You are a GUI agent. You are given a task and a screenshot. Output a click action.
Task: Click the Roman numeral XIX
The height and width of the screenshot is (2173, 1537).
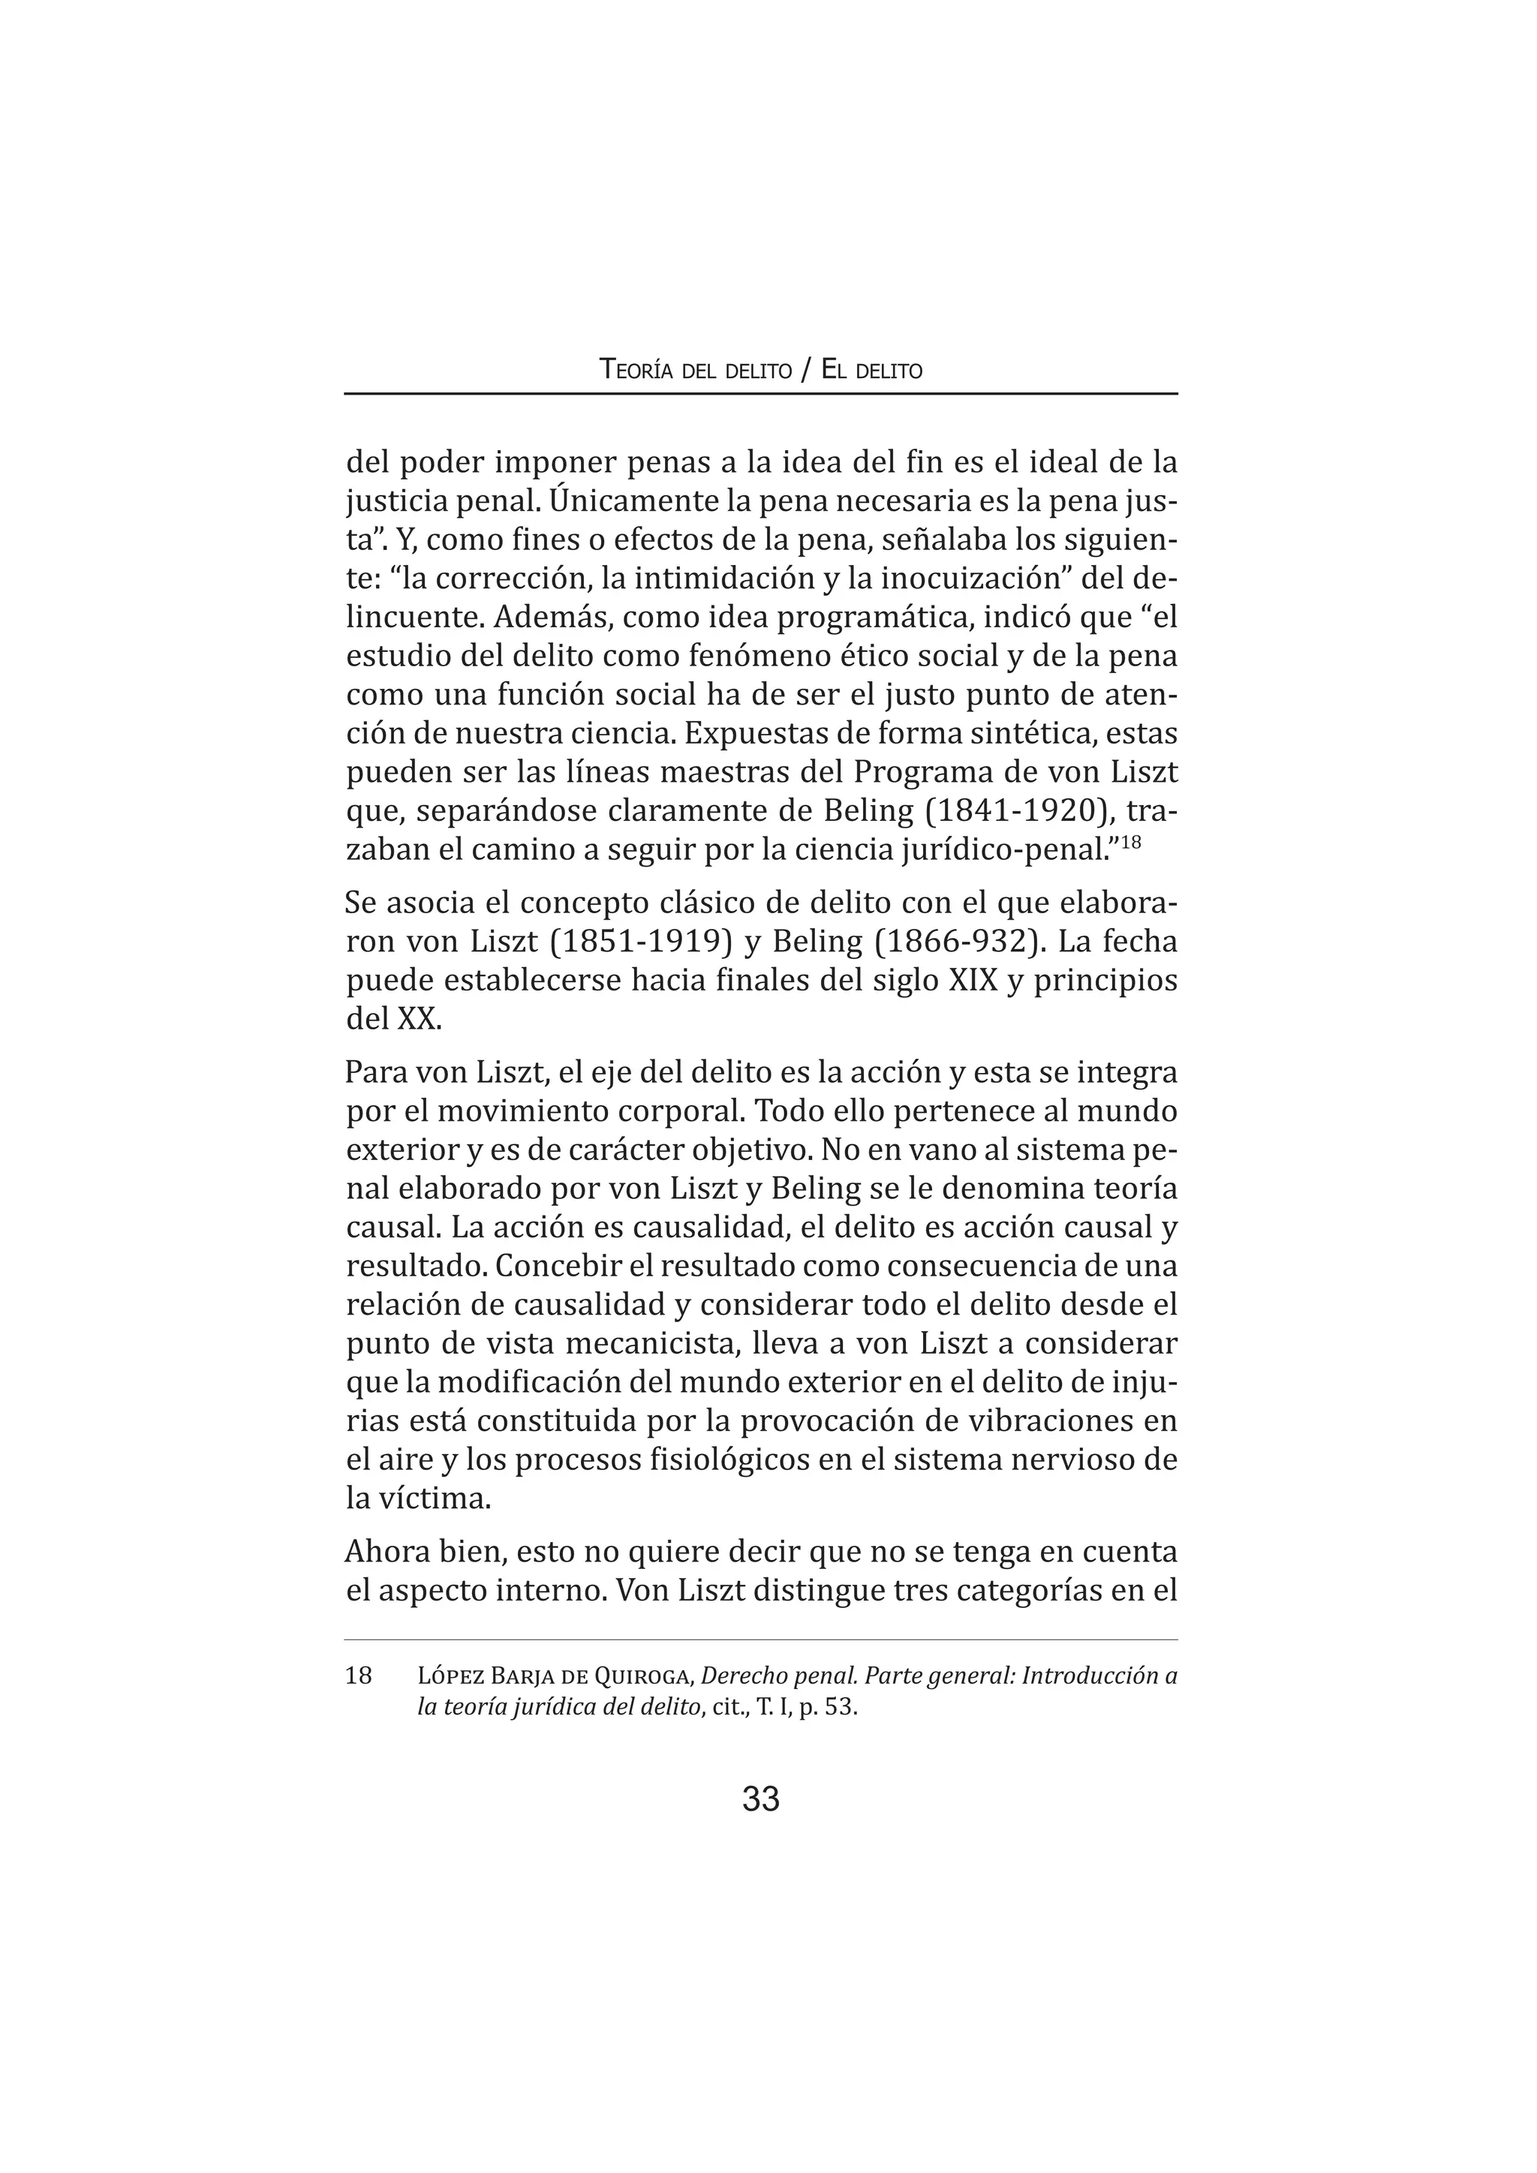(972, 981)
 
